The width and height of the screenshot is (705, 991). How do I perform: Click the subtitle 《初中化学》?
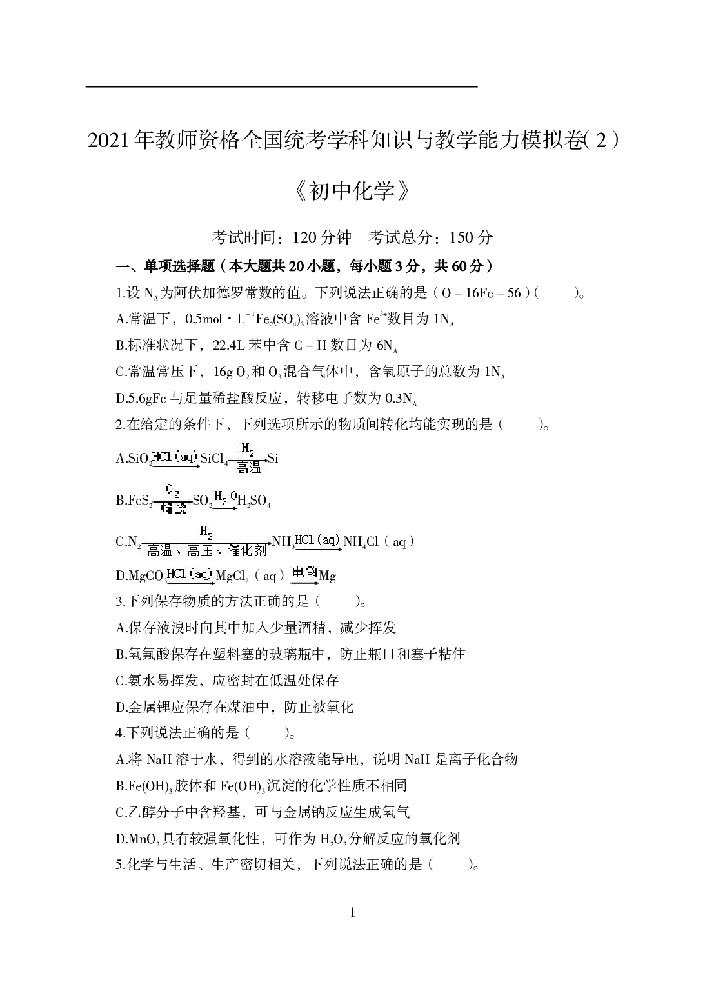coord(352,192)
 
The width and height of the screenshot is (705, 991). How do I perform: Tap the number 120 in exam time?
coord(305,237)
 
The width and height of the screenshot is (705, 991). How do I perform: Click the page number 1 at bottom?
coord(352,912)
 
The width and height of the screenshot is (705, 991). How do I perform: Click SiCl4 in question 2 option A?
coord(214,459)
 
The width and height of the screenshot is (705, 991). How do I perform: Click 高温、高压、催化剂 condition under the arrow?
coord(206,550)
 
